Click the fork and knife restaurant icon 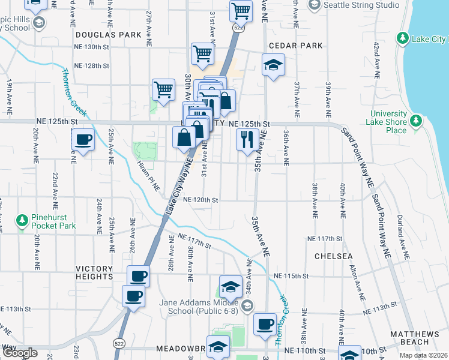click(247, 140)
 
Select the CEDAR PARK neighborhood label click(295, 46)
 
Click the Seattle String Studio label click(361, 5)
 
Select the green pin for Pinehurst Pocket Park click(22, 221)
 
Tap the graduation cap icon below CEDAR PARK click(273, 65)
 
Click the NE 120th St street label click(200, 199)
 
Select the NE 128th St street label click(91, 65)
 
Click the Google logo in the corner click(19, 353)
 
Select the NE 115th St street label click(291, 276)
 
